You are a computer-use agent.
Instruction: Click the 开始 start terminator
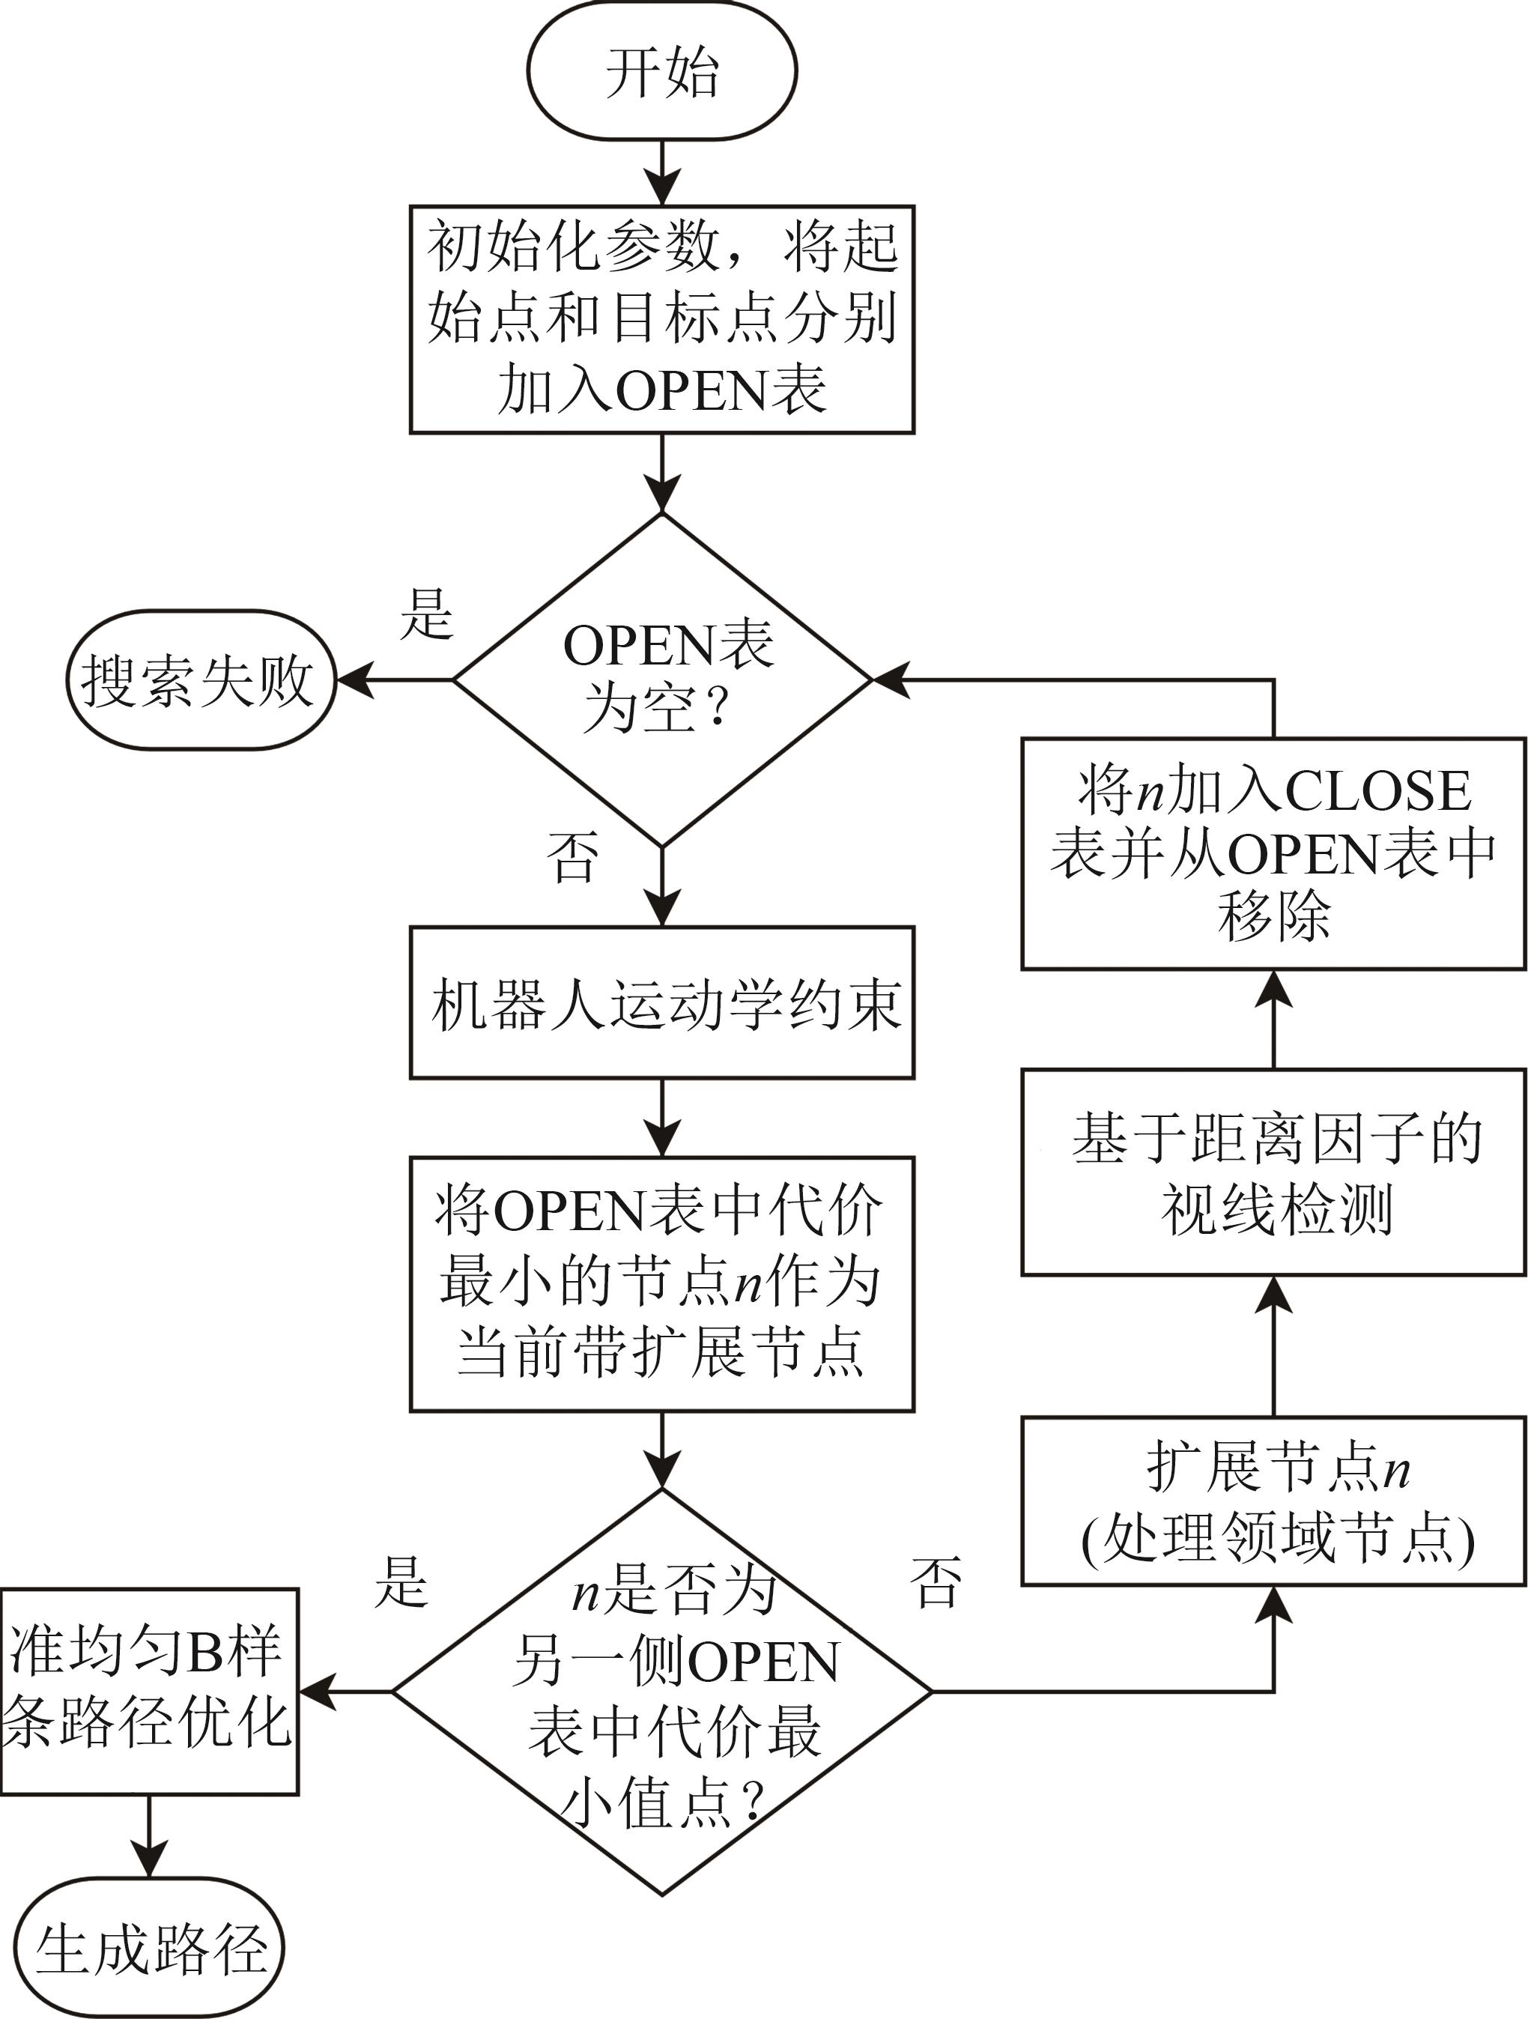[662, 71]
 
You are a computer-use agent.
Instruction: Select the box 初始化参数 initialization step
[662, 319]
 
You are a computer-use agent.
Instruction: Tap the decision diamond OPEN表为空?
[663, 680]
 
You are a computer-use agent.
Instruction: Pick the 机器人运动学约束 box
[662, 1003]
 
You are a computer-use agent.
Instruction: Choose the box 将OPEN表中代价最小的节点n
[662, 1283]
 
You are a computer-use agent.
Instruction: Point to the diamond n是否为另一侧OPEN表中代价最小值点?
[663, 1692]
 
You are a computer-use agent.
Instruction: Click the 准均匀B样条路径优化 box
[149, 1692]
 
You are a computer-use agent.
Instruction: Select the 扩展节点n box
[1273, 1501]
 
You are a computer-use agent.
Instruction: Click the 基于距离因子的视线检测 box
[1273, 1173]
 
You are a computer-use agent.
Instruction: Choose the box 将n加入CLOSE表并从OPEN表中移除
[1273, 853]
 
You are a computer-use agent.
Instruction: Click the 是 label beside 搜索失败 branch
[426, 614]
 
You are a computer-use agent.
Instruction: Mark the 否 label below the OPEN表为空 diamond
[572, 857]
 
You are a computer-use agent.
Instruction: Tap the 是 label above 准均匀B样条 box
[401, 1581]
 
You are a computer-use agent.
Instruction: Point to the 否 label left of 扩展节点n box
[936, 1581]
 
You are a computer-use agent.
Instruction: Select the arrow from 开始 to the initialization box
[662, 173]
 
